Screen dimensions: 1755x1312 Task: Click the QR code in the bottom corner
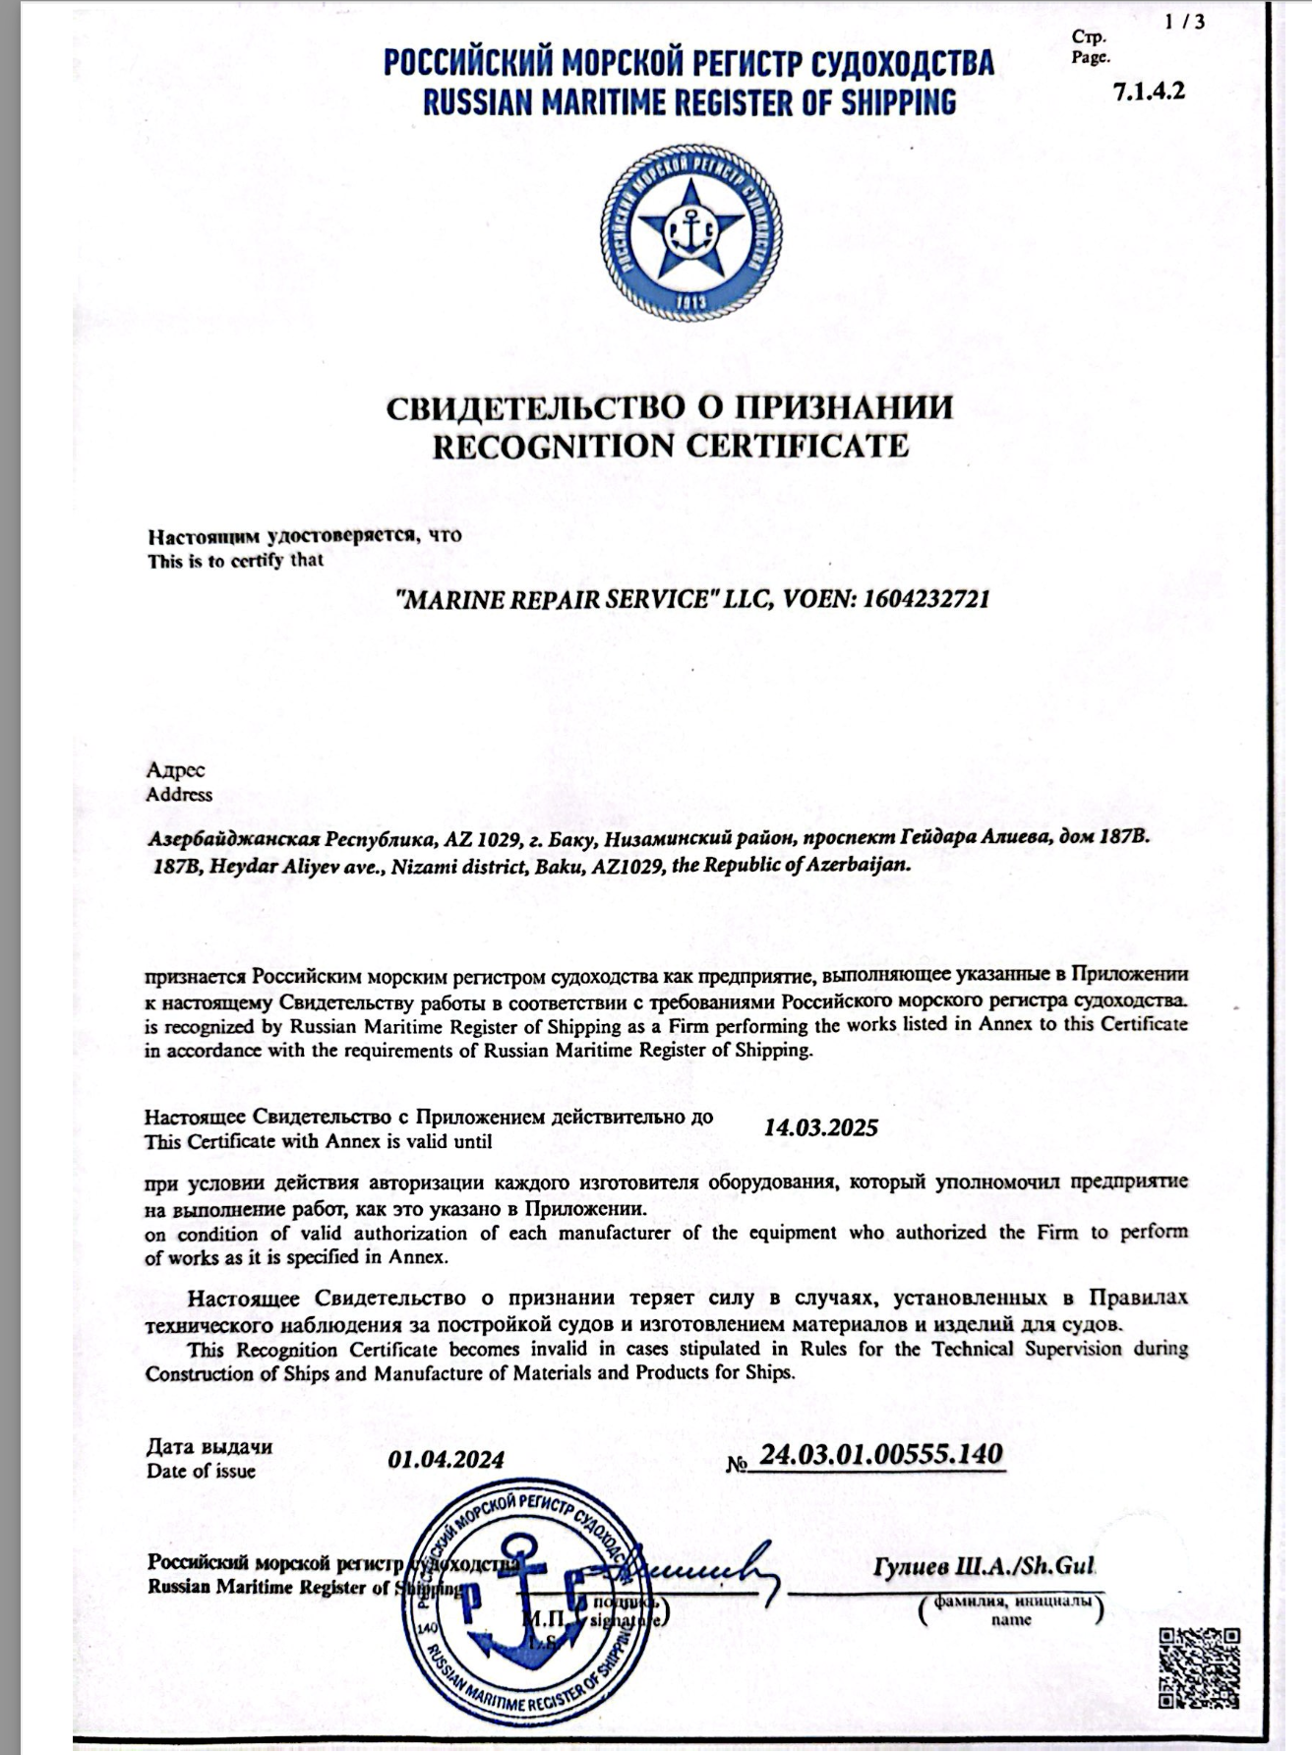(1199, 1669)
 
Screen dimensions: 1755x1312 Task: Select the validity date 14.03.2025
(820, 1127)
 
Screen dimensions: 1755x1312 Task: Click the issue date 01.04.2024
(446, 1459)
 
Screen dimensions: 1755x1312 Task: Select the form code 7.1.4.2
(1149, 91)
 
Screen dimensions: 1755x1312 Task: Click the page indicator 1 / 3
(1184, 22)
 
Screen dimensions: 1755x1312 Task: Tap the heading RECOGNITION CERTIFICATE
(671, 447)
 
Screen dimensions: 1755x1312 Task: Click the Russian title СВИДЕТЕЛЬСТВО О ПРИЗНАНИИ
(670, 407)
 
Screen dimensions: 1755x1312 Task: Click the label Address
(179, 795)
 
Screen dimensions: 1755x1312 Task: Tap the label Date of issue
(201, 1472)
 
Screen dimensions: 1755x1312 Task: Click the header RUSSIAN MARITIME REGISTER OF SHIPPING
(688, 102)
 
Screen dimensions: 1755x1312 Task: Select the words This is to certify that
(235, 561)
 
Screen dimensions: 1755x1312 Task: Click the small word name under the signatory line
(1011, 1620)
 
